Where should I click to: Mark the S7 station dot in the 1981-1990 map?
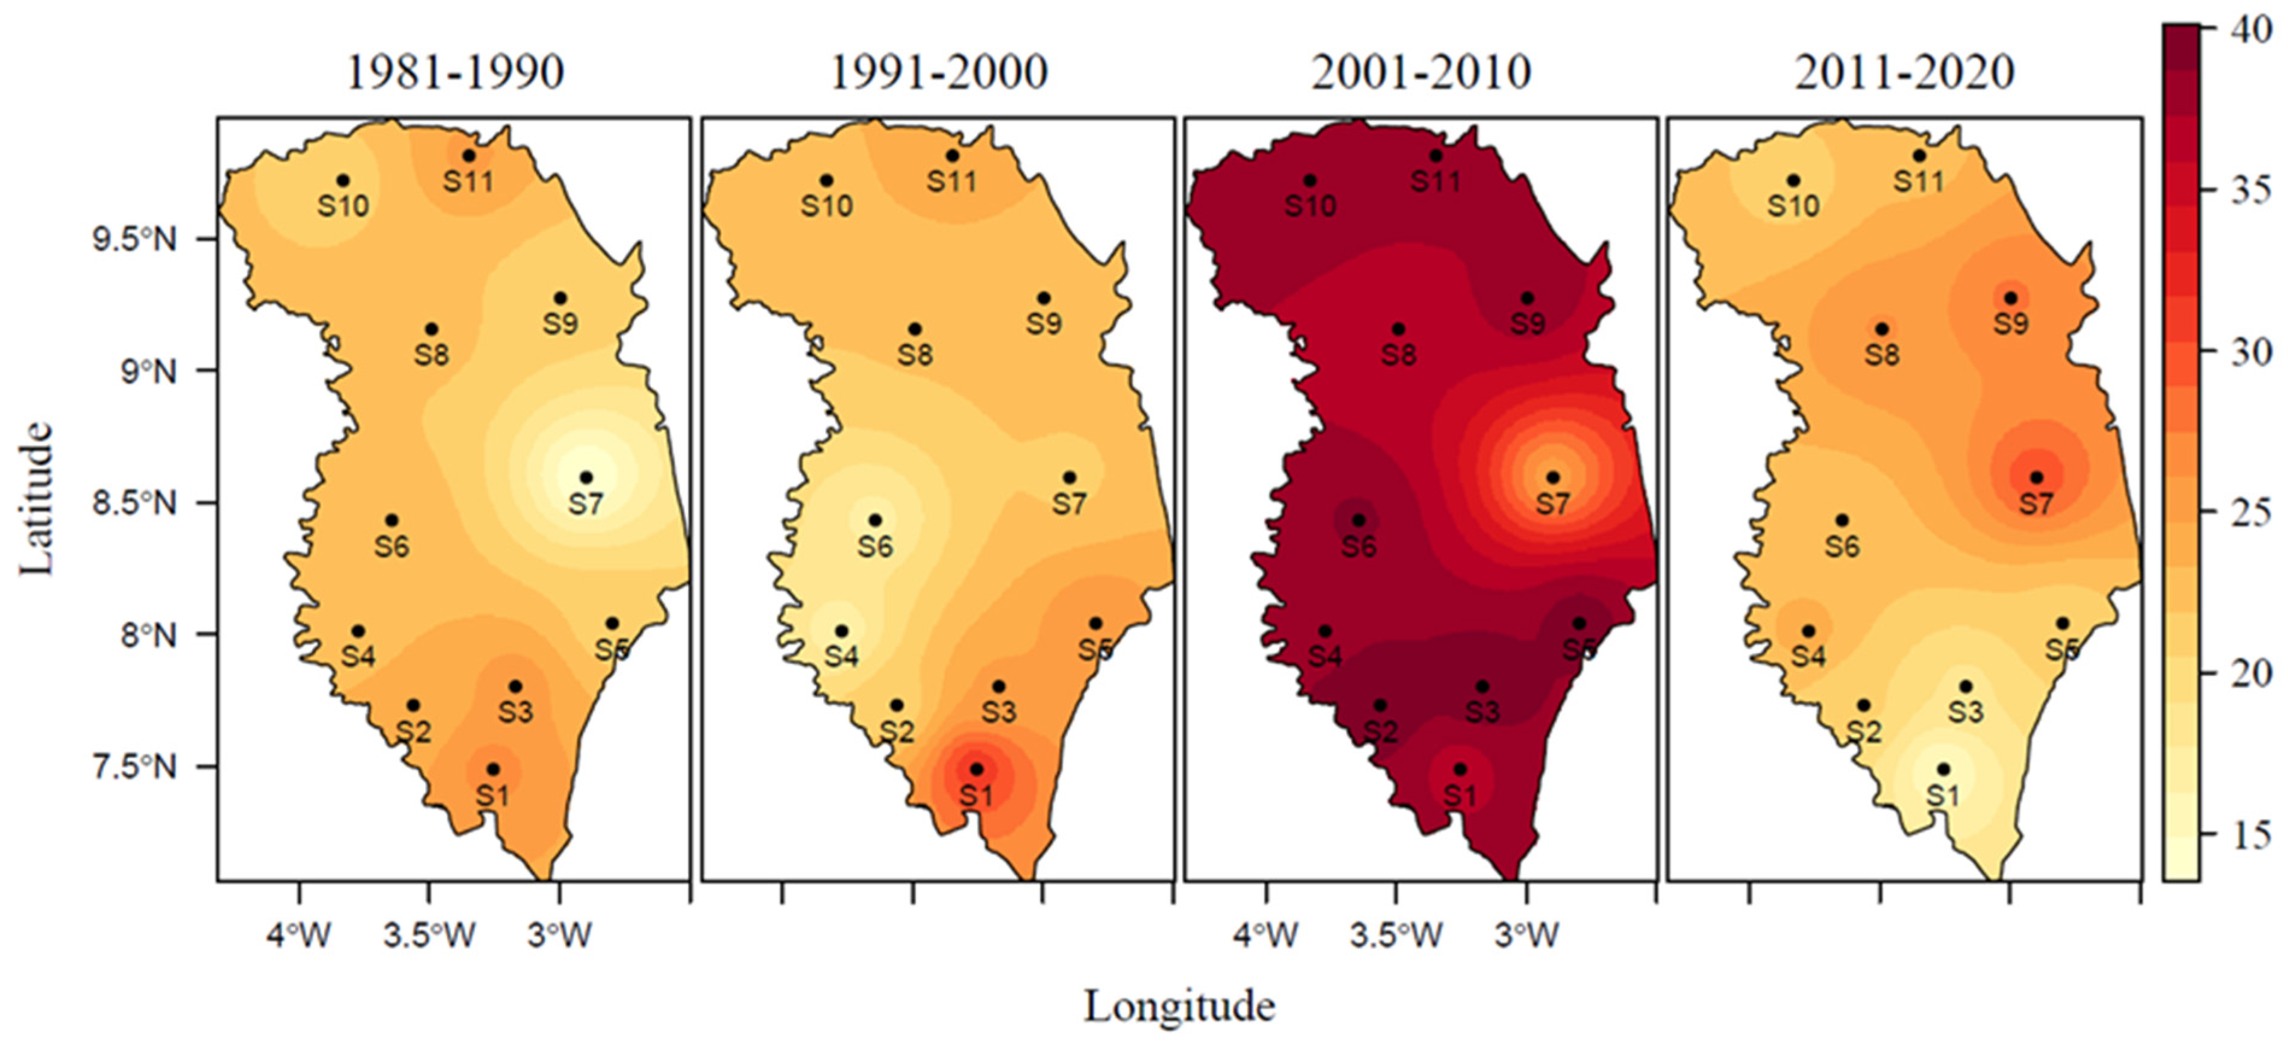point(585,478)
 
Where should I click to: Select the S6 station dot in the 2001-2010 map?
point(1358,520)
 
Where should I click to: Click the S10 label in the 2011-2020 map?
point(1793,206)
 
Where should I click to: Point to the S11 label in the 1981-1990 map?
point(468,182)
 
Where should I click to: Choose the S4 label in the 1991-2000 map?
point(841,657)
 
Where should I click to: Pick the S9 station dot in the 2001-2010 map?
point(1527,298)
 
